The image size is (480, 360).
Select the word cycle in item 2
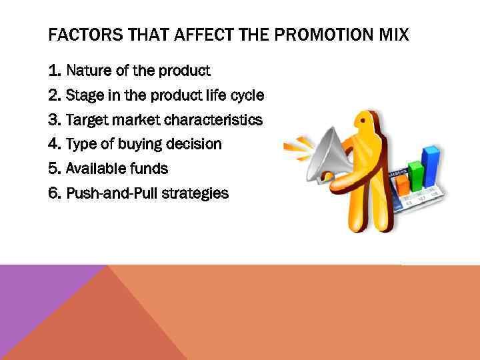coord(247,95)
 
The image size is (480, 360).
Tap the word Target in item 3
coord(86,119)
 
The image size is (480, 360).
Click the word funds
coord(150,169)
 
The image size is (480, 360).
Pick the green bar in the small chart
coord(417,172)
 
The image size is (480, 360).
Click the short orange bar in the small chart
coord(402,184)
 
